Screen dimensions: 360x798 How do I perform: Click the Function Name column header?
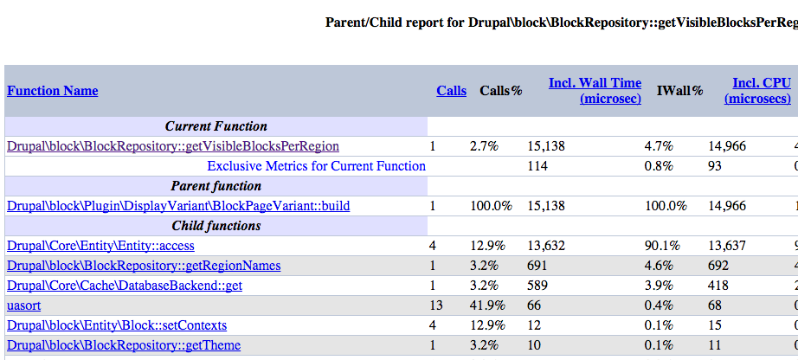coord(52,91)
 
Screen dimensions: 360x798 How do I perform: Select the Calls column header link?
coord(451,91)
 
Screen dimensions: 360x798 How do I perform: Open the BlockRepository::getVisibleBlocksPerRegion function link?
coord(172,146)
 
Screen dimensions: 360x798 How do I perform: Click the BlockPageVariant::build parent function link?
coord(177,206)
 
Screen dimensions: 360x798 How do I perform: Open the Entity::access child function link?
coord(100,246)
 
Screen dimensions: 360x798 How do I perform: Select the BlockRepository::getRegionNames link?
coord(143,266)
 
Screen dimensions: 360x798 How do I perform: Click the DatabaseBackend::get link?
coord(124,286)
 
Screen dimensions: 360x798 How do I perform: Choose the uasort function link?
coord(23,305)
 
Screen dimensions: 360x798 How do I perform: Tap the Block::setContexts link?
coord(116,325)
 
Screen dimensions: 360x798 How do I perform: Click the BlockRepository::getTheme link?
coord(123,345)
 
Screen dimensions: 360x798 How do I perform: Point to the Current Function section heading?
coord(216,126)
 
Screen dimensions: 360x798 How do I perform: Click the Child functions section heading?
coord(216,226)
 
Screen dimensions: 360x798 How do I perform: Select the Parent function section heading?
coord(216,186)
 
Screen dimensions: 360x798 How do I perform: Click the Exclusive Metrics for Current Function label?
coord(316,166)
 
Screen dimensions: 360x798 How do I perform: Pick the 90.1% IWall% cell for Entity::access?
coord(662,246)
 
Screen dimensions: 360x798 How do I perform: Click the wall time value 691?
coord(537,266)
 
